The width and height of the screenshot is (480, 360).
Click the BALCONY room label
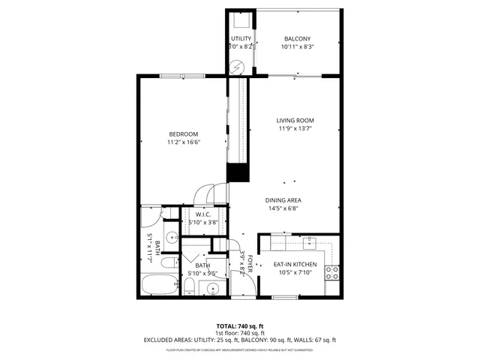[x=297, y=39]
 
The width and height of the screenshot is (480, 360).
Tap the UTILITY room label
[x=241, y=38]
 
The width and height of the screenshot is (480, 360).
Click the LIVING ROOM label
[x=295, y=121]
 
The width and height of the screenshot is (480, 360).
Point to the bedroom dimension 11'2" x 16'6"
[x=183, y=142]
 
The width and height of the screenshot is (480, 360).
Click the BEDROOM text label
[x=183, y=133]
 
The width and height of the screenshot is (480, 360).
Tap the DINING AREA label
[x=283, y=200]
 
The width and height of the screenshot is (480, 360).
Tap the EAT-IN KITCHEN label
[x=295, y=265]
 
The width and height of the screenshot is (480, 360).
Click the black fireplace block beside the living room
[x=238, y=172]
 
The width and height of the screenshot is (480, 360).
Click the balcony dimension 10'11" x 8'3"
[x=297, y=47]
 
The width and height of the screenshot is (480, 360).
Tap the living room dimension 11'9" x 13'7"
[x=295, y=128]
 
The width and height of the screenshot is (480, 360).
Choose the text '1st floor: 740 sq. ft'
[x=240, y=333]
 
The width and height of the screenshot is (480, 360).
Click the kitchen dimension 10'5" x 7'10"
[x=295, y=273]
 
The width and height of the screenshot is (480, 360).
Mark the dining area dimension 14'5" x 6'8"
[x=283, y=208]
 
